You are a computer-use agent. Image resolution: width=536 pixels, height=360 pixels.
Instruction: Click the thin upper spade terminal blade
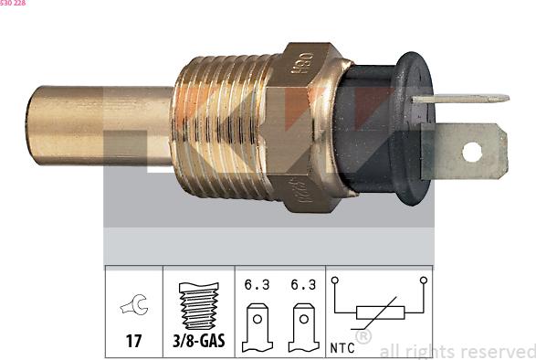(461, 98)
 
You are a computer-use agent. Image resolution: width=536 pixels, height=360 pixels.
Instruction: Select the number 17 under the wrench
(133, 341)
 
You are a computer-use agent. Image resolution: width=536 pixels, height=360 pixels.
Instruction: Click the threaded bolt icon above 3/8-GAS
(197, 305)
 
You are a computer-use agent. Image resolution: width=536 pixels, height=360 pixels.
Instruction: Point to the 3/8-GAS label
(198, 341)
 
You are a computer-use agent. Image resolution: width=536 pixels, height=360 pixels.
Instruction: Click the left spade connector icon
(257, 325)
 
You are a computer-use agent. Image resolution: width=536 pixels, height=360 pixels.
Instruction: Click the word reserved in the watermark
(499, 351)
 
